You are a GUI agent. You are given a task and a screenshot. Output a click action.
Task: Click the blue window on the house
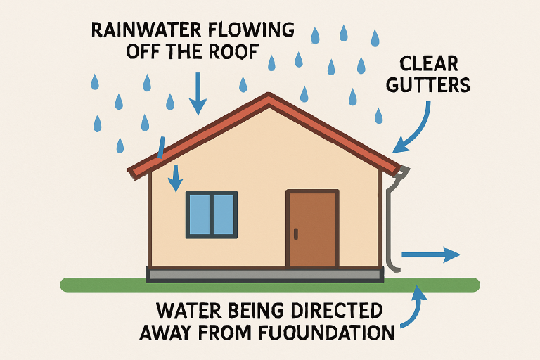[x=211, y=214]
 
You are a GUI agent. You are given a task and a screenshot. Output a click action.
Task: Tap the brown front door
[x=311, y=229]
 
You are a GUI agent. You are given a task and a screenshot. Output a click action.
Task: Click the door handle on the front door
[x=298, y=232]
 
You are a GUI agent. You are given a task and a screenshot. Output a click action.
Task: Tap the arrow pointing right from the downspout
[x=430, y=255]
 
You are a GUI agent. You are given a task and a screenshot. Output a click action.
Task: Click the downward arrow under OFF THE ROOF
[x=198, y=91]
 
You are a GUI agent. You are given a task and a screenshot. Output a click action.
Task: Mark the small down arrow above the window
[x=173, y=177]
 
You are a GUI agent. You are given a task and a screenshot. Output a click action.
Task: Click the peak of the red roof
[x=268, y=96]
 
